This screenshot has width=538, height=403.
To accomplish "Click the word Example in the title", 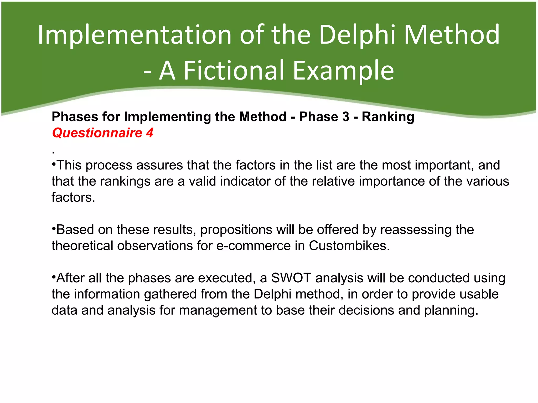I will tap(343, 70).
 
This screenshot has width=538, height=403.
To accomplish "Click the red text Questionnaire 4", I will tap(102, 133).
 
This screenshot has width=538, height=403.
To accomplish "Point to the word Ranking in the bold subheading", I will tap(388, 117).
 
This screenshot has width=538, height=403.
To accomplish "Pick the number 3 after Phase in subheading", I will tap(346, 117).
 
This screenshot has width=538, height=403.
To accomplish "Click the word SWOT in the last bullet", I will tap(291, 278).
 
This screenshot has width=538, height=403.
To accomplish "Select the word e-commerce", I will tap(253, 246).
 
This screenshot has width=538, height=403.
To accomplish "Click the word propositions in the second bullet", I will tap(236, 230).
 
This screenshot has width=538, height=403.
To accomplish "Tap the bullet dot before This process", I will tap(54, 165).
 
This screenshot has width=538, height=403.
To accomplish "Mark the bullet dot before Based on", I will tap(54, 229).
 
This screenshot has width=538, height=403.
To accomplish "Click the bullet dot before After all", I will tap(54, 277).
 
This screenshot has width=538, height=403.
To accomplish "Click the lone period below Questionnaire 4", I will tap(53, 153).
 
